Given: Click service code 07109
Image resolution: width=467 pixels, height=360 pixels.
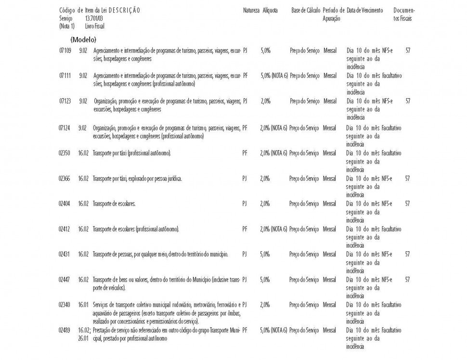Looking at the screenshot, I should pos(65,50).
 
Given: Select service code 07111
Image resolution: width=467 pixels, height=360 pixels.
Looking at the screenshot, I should pos(65,76).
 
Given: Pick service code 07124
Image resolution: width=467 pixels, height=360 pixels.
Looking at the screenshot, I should pos(65,128).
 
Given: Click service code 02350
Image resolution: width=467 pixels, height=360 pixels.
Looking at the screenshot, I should pos(65,153).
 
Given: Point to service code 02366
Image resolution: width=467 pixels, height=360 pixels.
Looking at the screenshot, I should pos(65,179).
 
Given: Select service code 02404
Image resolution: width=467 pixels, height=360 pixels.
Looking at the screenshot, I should pos(65,204).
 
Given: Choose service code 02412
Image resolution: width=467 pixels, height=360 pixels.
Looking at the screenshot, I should pos(65,229).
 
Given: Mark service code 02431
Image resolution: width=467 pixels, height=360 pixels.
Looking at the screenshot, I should pos(65,254).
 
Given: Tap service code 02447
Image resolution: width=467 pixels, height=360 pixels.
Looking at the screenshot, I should pos(65,279).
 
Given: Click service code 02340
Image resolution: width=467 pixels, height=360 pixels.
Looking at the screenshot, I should pos(65,305).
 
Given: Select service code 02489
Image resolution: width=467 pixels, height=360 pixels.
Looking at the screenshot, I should pos(65,330).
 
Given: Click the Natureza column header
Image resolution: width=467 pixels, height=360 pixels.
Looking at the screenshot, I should pos(251,10).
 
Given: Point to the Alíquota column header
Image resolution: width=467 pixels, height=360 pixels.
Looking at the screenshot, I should pos(270,10).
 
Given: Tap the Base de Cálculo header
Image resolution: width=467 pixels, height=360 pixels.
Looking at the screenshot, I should pos(306,10).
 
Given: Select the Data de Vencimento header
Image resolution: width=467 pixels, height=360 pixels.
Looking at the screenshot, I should pos(365,10).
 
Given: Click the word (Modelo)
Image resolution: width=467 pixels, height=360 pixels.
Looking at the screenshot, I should pos(83,39).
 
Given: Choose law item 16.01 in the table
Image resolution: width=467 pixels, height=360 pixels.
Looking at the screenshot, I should pos(83,305).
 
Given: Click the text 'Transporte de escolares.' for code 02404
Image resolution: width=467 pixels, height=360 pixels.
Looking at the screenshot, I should pos(114,204).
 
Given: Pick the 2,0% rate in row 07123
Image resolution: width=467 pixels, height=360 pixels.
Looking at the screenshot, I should pos(265,101).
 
